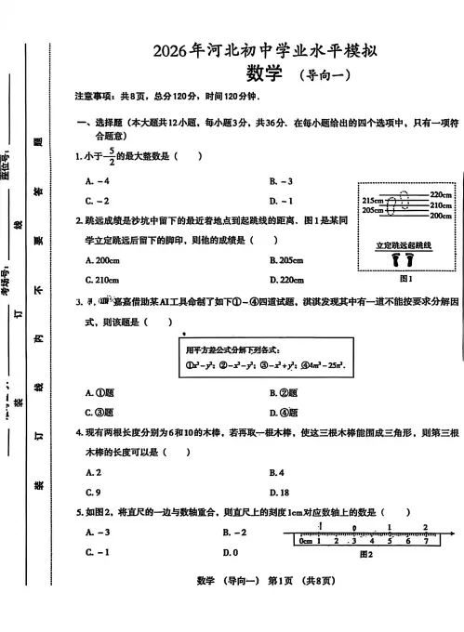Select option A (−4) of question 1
[x=98, y=181]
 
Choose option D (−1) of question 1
[x=281, y=201]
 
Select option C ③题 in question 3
[x=98, y=387]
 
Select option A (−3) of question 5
[x=98, y=532]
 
